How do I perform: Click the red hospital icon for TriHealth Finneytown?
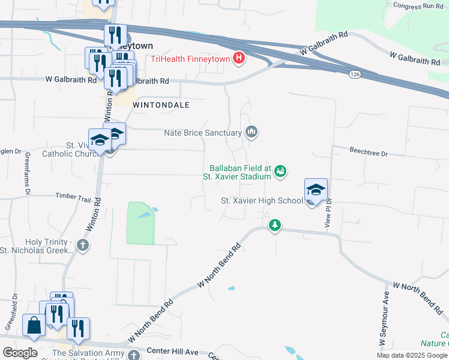click(240, 58)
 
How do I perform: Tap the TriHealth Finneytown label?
click(191, 58)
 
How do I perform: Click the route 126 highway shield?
click(355, 73)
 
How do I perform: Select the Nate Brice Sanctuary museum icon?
click(252, 132)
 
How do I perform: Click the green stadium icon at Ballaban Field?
click(280, 173)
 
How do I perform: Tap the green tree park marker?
click(275, 226)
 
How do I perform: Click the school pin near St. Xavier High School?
click(316, 190)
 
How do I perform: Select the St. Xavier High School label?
click(262, 200)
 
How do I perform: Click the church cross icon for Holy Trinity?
click(83, 245)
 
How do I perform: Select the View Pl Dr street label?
click(328, 213)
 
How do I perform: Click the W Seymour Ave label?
click(385, 318)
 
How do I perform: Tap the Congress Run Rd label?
click(417, 6)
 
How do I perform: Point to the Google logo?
click(20, 353)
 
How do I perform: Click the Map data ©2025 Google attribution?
click(412, 355)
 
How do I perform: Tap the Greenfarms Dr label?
click(28, 173)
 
